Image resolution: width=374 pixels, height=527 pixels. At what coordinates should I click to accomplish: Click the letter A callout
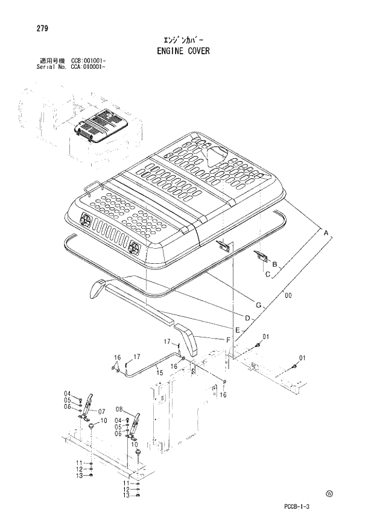point(326,233)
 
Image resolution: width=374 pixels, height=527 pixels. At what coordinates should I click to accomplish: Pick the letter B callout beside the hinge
point(274,264)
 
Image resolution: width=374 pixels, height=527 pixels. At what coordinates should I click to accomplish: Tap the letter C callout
point(267,275)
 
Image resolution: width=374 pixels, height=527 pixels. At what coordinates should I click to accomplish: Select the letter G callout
point(258,305)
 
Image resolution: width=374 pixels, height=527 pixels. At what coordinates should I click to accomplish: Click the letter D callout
point(247,318)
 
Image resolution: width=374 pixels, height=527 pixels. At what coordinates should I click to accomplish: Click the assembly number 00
point(288,295)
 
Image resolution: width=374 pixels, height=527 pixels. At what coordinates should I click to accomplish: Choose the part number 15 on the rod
point(159,373)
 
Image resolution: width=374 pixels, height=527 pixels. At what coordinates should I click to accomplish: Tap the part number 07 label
point(101,412)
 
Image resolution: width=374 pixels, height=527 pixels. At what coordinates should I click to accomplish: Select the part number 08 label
point(119,409)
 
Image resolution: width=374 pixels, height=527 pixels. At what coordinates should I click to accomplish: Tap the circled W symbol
point(329,493)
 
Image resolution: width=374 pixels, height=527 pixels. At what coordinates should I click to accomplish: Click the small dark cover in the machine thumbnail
point(98,124)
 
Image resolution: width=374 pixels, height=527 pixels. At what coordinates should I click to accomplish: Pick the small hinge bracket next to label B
point(261,257)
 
